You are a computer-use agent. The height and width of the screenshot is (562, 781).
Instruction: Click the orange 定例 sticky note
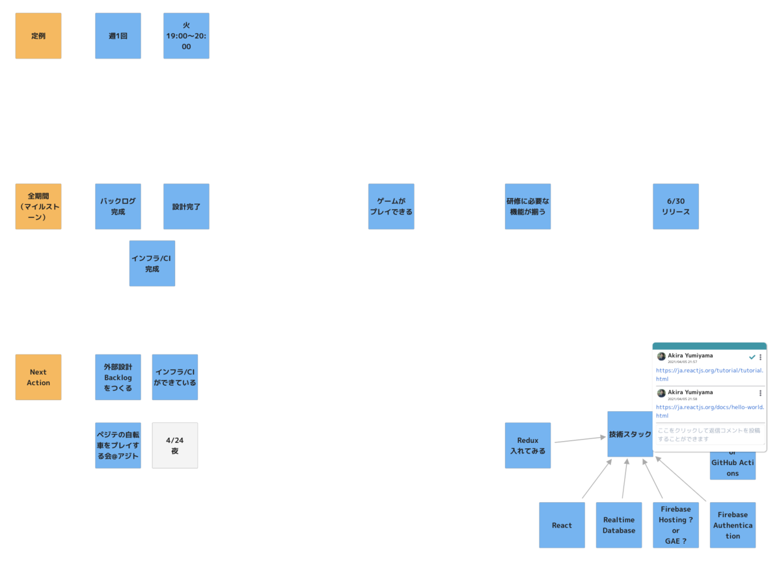[x=38, y=36]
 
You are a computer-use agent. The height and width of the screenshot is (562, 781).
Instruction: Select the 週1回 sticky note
[x=118, y=36]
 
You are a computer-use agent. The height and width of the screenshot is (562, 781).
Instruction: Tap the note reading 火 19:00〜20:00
[x=186, y=36]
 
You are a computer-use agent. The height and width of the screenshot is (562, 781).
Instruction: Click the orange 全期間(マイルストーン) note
[x=38, y=206]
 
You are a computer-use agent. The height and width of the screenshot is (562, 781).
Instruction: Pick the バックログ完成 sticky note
[x=118, y=206]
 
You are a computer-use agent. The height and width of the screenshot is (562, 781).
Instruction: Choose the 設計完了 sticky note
[x=186, y=206]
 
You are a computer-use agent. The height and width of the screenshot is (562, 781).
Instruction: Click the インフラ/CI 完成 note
[x=152, y=263]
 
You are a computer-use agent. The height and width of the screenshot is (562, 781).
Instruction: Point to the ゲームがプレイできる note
[x=391, y=206]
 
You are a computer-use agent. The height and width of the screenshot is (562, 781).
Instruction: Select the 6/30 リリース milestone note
[x=676, y=206]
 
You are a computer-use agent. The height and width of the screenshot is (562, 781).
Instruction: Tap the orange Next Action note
[x=38, y=377]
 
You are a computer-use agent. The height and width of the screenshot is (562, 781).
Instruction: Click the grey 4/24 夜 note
[x=174, y=446]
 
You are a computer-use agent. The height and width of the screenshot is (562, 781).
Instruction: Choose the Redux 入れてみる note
[x=528, y=446]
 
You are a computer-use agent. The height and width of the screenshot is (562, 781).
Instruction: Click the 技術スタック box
[x=629, y=434]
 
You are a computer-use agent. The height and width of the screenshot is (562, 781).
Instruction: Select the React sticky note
[x=562, y=525]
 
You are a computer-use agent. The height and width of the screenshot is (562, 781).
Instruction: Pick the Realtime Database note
[x=618, y=525]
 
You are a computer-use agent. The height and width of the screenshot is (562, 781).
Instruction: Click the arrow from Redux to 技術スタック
[x=579, y=440]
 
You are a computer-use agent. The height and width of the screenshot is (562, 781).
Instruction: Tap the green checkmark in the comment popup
[x=752, y=357]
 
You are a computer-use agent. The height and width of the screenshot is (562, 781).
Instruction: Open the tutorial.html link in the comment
[x=709, y=371]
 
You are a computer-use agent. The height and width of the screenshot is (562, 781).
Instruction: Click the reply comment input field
[x=709, y=435]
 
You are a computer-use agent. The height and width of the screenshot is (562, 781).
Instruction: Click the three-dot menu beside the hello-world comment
[x=760, y=394]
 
